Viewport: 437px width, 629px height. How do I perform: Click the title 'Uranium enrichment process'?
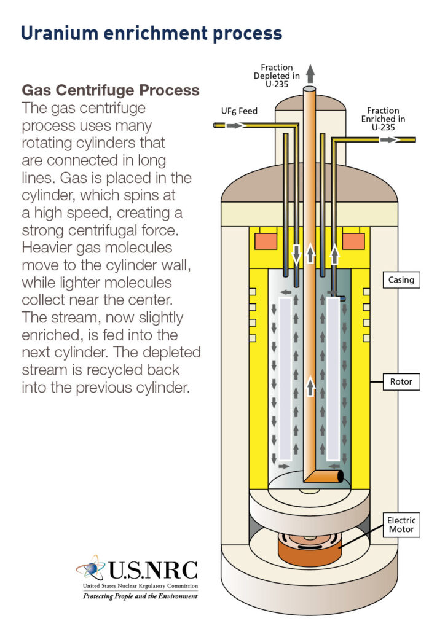click(151, 33)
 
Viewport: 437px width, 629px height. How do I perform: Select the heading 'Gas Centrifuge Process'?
click(111, 90)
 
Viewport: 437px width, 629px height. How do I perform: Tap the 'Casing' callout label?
click(401, 280)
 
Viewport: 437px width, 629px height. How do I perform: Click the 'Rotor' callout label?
click(401, 381)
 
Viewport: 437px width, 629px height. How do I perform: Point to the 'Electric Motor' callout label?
click(401, 525)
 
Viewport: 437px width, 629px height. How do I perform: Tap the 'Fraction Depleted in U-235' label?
click(277, 76)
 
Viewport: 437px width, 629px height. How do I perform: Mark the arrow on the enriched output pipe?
click(388, 139)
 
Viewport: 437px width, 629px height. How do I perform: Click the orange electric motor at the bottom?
click(310, 549)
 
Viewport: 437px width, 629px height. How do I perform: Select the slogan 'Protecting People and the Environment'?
click(140, 596)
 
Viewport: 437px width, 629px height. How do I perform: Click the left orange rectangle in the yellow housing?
click(266, 241)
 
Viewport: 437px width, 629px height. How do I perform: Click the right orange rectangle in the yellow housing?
click(353, 241)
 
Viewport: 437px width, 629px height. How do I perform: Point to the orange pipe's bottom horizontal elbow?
click(325, 475)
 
